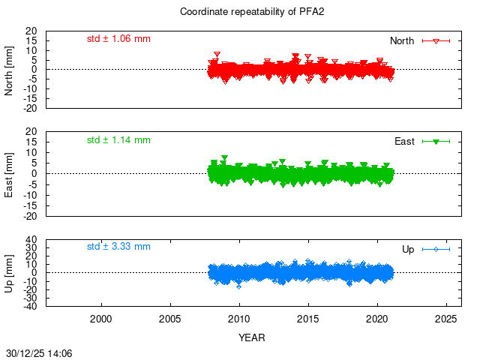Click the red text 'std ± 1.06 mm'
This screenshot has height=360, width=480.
118,38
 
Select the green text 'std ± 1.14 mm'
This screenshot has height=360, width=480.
118,139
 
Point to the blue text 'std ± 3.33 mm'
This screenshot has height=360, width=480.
118,246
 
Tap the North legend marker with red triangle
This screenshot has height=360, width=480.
436,40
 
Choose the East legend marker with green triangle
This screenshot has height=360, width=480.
436,141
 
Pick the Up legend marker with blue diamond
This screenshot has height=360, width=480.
436,249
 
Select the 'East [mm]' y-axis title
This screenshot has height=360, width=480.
10,172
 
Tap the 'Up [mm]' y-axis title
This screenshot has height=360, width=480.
10,273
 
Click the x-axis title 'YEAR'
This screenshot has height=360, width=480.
252,337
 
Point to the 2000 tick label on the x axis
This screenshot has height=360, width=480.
101,319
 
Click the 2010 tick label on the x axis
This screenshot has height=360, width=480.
239,319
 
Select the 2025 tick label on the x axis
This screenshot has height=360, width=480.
446,319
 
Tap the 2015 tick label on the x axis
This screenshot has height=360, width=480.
308,319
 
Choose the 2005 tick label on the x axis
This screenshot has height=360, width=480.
170,319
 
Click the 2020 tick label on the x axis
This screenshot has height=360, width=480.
377,319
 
